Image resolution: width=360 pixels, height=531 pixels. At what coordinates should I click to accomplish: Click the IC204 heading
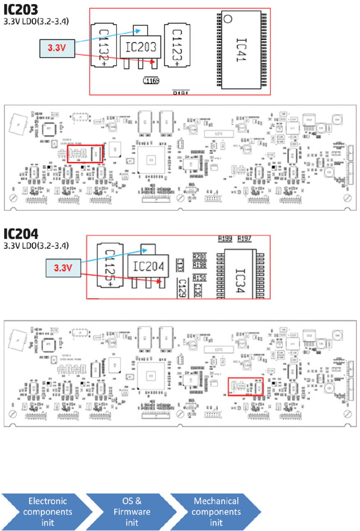(x=21, y=233)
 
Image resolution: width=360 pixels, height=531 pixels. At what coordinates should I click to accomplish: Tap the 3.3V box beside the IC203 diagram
(x=56, y=48)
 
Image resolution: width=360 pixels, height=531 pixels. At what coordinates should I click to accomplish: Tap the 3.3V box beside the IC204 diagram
(x=63, y=268)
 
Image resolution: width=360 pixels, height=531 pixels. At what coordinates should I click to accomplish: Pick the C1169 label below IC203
(x=151, y=81)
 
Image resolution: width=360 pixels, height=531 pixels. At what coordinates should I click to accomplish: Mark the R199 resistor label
(x=225, y=238)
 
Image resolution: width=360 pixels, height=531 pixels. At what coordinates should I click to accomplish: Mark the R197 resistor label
(x=244, y=238)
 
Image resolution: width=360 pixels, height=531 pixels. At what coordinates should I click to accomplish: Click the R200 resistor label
(x=200, y=256)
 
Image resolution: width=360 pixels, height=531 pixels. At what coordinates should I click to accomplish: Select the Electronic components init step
(x=47, y=512)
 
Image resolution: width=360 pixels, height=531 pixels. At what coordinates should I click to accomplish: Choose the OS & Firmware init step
(x=132, y=512)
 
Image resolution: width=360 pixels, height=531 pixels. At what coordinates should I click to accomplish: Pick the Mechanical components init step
(x=216, y=512)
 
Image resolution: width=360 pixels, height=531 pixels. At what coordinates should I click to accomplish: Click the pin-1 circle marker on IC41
(x=228, y=19)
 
